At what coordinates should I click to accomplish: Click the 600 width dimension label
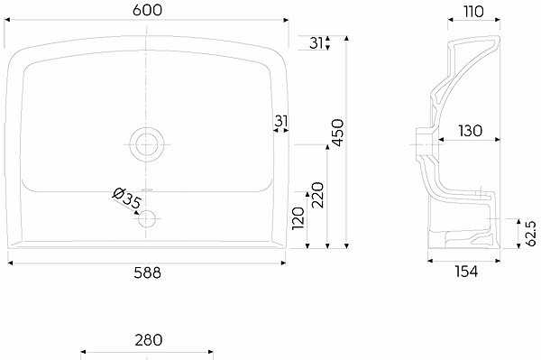[x=147, y=10]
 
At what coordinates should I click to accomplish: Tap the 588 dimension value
[x=147, y=273]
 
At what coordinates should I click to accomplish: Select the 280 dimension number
[x=149, y=340]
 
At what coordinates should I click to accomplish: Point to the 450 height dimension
[x=337, y=133]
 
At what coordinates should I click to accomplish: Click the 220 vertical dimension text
[x=317, y=195]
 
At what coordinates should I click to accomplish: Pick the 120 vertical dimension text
[x=298, y=218]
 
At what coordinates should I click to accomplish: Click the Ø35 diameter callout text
[x=127, y=198]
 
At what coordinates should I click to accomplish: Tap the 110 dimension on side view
[x=473, y=12]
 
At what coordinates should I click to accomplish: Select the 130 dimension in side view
[x=471, y=131]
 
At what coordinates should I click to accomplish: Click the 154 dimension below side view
[x=466, y=272]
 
